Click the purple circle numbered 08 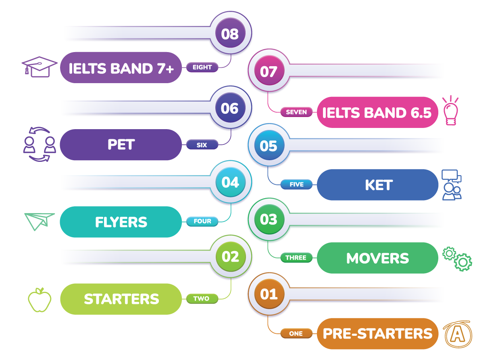pos(231,33)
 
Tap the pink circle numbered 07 pos(269,70)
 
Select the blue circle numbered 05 pos(269,145)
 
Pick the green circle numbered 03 pos(269,219)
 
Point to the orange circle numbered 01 pos(269,294)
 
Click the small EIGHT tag pos(202,67)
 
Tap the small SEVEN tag pos(296,112)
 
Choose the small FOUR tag pos(202,221)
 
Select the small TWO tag pos(202,299)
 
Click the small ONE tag pos(296,333)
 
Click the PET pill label pos(121,144)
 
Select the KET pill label pos(377,185)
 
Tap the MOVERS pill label pos(377,258)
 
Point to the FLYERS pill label pos(121,222)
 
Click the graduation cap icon pos(39,67)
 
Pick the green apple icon pos(40,300)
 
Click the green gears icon pos(457,259)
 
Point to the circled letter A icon pos(458,334)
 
